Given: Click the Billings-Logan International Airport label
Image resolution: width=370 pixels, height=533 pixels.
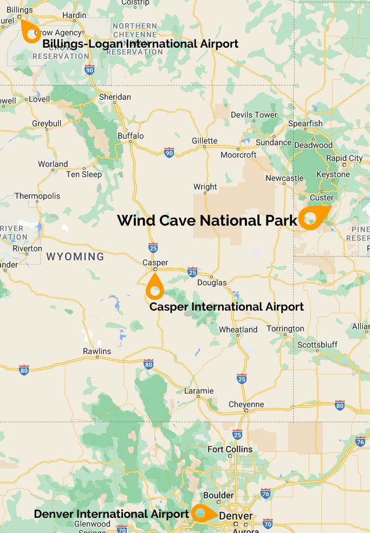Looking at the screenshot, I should pyautogui.click(x=140, y=44).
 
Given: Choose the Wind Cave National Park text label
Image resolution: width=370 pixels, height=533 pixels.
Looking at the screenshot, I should pyautogui.click(x=207, y=221).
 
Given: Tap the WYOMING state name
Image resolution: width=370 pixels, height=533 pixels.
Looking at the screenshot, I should pyautogui.click(x=75, y=256).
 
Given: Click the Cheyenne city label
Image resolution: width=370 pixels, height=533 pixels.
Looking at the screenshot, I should pyautogui.click(x=246, y=404).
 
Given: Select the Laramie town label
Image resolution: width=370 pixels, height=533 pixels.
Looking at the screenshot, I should pyautogui.click(x=199, y=391).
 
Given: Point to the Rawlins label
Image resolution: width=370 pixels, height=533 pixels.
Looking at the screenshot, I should pyautogui.click(x=97, y=351).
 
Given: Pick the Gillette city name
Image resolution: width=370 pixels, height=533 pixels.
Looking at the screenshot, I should pyautogui.click(x=204, y=141).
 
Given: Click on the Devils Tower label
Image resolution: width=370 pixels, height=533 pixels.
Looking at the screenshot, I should pyautogui.click(x=254, y=115).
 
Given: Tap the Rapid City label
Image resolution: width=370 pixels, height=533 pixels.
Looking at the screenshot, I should pyautogui.click(x=344, y=158).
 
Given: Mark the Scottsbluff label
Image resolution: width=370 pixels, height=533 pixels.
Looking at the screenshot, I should pyautogui.click(x=317, y=345).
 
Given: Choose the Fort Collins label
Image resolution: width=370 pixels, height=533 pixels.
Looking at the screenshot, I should pyautogui.click(x=230, y=449).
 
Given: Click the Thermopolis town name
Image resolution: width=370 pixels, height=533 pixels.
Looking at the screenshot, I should pyautogui.click(x=37, y=196).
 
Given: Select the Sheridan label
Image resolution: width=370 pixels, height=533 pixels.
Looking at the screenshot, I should pyautogui.click(x=115, y=97).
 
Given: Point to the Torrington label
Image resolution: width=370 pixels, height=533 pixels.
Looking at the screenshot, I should pyautogui.click(x=285, y=328).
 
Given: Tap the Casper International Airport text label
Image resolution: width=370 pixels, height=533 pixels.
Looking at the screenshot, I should pyautogui.click(x=226, y=307).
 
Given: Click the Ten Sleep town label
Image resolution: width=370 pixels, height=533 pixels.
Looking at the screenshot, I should pyautogui.click(x=83, y=174).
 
